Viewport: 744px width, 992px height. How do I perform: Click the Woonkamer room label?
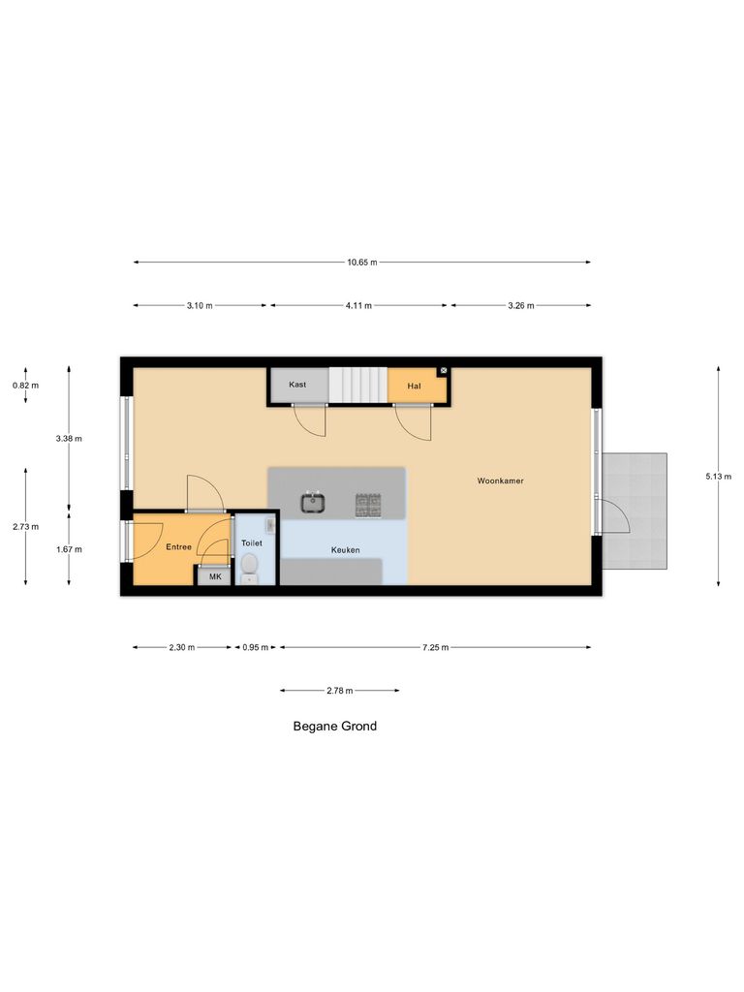[x=500, y=480]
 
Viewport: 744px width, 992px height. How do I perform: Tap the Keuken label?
[x=345, y=550]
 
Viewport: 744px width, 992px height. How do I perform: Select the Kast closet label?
[x=297, y=385]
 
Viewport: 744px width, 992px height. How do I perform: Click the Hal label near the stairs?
[x=415, y=386]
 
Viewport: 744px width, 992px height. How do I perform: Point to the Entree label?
[x=178, y=547]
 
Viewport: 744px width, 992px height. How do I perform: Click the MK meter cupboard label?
[x=214, y=576]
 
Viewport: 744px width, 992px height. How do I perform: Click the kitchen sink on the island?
[x=313, y=503]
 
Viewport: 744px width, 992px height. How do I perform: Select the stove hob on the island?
[x=368, y=503]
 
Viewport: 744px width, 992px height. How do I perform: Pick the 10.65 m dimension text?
[x=362, y=262]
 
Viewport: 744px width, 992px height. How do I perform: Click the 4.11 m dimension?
[x=359, y=306]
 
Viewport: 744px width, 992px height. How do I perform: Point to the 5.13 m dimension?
[x=719, y=476]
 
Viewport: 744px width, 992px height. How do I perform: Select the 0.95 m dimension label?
[x=256, y=647]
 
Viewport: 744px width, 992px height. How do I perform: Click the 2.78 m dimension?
[x=339, y=691]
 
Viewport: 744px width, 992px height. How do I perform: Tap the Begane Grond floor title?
[x=335, y=726]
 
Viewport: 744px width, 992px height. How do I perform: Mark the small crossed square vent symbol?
[x=443, y=371]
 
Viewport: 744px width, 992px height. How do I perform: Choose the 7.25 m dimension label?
[x=435, y=647]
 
